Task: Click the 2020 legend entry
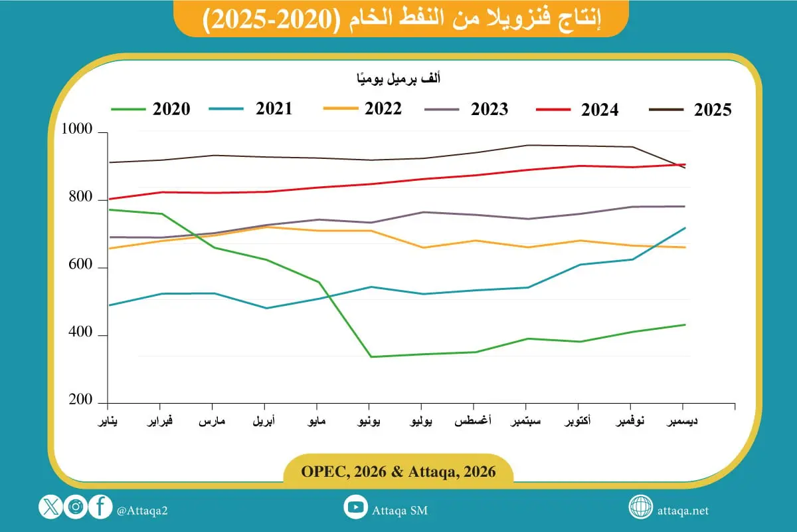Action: click(171, 109)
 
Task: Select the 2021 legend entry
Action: click(273, 108)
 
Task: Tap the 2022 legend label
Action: click(383, 108)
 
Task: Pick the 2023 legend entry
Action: click(489, 108)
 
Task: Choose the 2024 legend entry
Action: click(599, 109)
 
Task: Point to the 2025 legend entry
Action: click(712, 110)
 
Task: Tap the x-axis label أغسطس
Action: click(474, 422)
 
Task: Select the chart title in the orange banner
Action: click(401, 20)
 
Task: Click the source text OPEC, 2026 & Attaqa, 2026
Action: click(398, 471)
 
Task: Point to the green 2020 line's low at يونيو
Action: click(370, 357)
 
